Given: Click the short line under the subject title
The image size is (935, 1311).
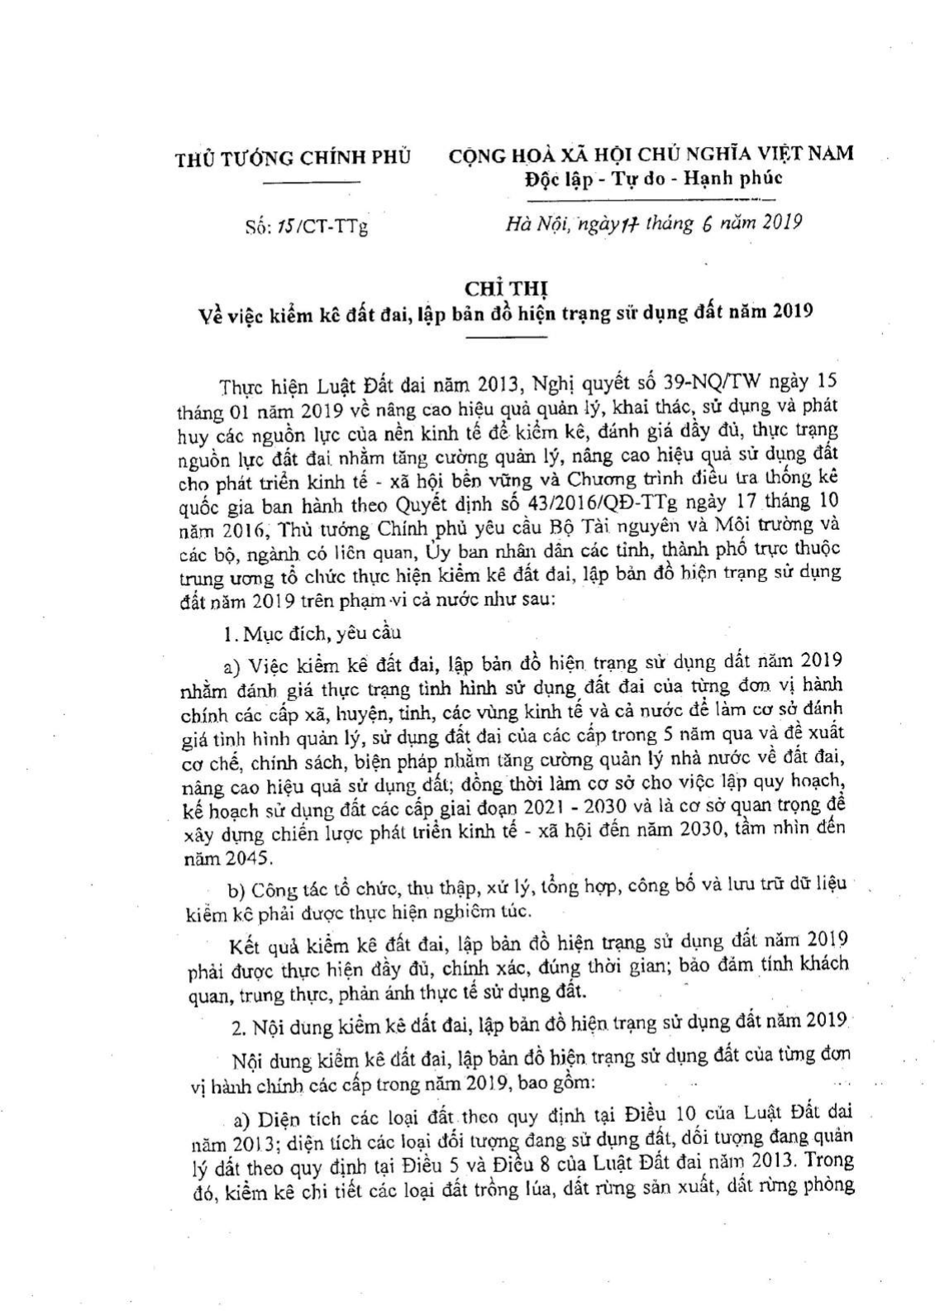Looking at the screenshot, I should tap(506, 337).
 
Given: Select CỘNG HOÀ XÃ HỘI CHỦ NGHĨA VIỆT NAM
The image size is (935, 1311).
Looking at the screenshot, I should tap(651, 155).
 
